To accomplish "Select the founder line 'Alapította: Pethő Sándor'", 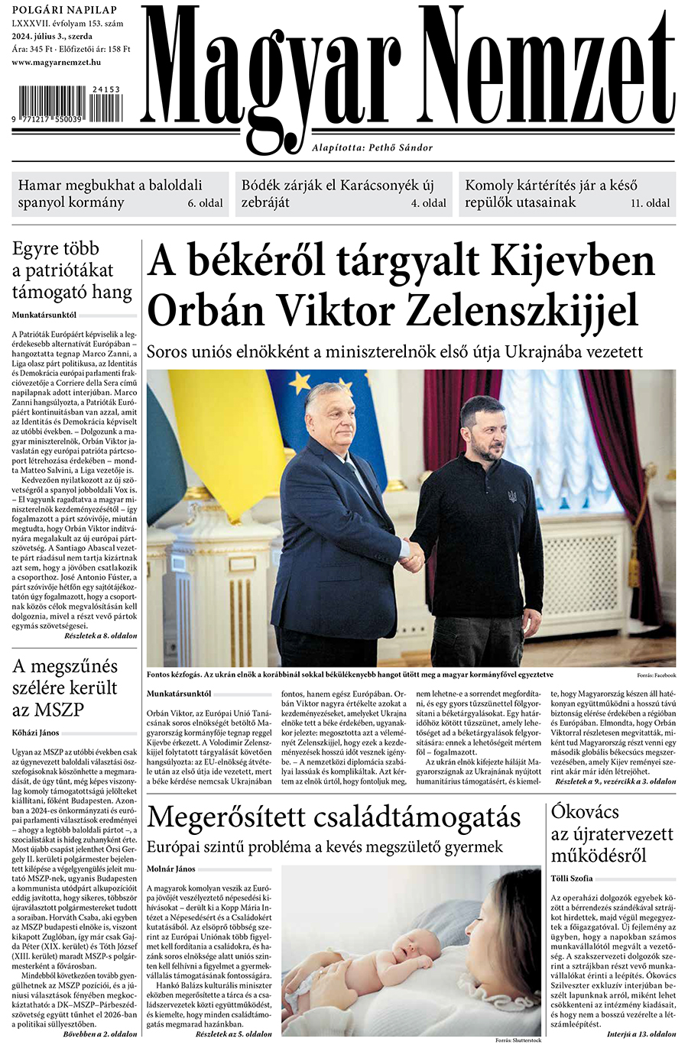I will pyautogui.click(x=372, y=147).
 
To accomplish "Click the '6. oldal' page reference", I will pyautogui.click(x=205, y=203).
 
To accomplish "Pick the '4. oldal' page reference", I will pyautogui.click(x=428, y=203).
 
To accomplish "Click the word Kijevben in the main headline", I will pyautogui.click(x=571, y=261).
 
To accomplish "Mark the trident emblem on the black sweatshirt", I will pyautogui.click(x=511, y=497).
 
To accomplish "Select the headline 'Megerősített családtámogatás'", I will pyautogui.click(x=333, y=817).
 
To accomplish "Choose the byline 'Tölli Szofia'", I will pyautogui.click(x=572, y=878).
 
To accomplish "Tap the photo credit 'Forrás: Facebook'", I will pyautogui.click(x=655, y=676).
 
